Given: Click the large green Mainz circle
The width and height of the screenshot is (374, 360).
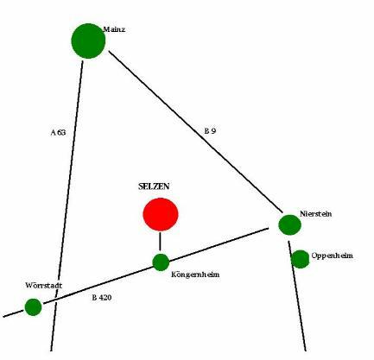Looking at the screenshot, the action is click(88, 41).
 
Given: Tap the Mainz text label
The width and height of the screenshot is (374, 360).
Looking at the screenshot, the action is click(114, 29).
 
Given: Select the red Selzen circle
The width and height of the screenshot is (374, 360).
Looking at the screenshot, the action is click(161, 214).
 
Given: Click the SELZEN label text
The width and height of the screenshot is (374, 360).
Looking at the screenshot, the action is click(154, 186).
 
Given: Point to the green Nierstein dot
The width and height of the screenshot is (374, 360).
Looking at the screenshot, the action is click(289, 225).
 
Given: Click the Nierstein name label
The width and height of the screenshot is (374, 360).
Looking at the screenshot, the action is click(315, 214).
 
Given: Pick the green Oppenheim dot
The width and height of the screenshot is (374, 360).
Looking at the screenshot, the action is click(301, 259).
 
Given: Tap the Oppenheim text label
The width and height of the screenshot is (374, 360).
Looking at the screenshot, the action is click(333, 256).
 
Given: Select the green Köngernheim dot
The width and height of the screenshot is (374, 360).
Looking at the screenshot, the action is click(161, 262).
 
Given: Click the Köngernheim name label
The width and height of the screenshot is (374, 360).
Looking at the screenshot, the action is click(195, 275).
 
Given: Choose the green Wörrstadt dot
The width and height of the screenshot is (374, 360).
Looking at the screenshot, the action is click(33, 307).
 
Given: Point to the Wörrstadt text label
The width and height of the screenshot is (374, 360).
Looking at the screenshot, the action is click(43, 286).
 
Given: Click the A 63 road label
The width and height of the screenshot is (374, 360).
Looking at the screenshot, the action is click(58, 132).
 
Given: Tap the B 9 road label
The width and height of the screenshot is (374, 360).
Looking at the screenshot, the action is click(210, 131).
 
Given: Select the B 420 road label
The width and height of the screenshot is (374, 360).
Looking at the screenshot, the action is click(102, 298).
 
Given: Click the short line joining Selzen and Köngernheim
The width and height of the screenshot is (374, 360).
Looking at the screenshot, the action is click(160, 241).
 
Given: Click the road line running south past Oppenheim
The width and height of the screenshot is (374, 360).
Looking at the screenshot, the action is click(297, 296).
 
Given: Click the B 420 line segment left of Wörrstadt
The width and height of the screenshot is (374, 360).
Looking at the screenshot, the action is click(14, 313).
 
